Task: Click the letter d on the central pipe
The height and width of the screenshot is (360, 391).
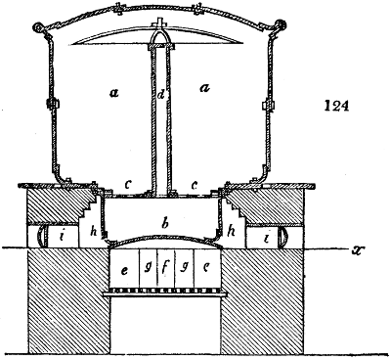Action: (162, 97)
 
